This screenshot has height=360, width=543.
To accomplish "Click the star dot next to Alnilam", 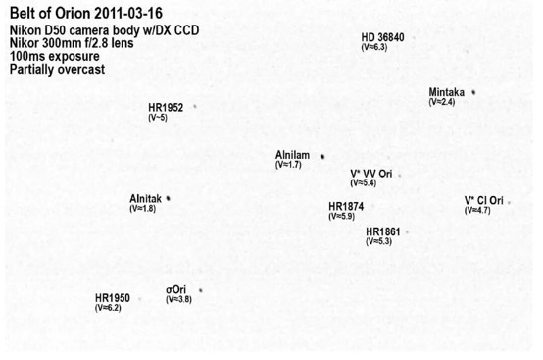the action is click(x=322, y=157).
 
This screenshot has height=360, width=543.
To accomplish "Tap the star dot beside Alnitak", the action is click(x=168, y=198).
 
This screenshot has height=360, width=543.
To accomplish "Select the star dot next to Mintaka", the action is click(x=473, y=92).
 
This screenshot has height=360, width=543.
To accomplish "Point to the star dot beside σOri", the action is click(x=201, y=290).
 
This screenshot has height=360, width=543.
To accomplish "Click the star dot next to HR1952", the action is click(x=195, y=106).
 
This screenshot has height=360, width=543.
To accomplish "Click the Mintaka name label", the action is click(x=446, y=92).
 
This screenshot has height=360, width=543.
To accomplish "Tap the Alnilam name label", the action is click(x=292, y=155).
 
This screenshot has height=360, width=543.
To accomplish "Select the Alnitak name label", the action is click(x=145, y=199).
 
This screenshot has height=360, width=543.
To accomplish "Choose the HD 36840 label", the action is click(x=382, y=37).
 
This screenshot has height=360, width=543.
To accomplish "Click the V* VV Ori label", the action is click(x=371, y=174).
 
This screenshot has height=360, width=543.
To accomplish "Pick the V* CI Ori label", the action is click(x=484, y=201).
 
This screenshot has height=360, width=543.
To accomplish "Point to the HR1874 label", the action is click(x=346, y=207).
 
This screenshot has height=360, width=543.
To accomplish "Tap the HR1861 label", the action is click(x=383, y=231).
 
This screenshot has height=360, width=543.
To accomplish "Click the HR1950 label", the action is click(x=113, y=298).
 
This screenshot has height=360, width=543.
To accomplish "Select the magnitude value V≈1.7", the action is click(x=288, y=165).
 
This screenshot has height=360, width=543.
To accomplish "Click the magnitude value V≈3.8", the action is click(x=178, y=299).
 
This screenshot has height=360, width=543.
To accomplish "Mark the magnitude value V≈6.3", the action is click(x=374, y=47).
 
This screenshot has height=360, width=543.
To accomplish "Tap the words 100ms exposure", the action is click(x=54, y=56).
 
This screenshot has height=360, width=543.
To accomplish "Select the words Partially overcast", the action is click(x=57, y=69).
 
